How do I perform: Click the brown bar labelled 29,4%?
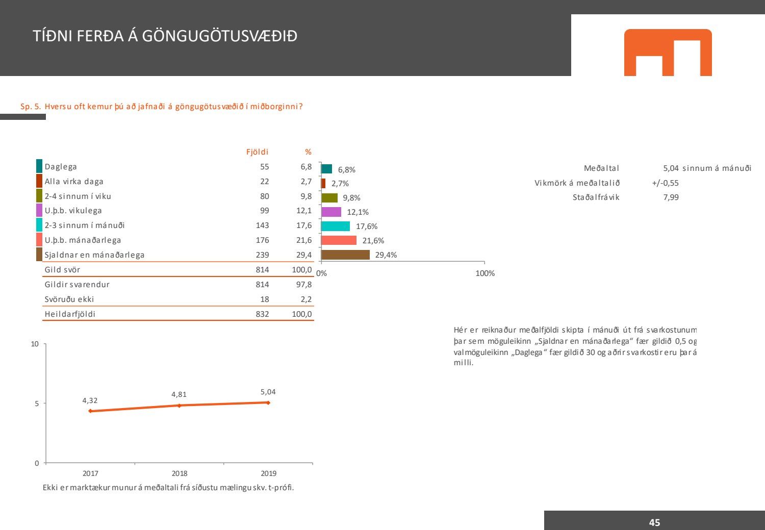[x=345, y=255]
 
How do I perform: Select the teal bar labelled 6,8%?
[x=326, y=169]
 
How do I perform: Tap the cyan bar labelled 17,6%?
[x=336, y=226]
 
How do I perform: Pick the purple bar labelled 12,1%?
[x=331, y=212]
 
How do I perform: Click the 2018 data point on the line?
[x=179, y=406]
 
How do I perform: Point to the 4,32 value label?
[x=90, y=401]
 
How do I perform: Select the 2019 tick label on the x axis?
[x=268, y=473]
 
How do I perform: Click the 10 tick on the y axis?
[x=35, y=344]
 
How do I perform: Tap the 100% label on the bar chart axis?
[x=484, y=273]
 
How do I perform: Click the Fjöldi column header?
[x=257, y=152]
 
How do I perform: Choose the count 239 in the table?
[x=262, y=255]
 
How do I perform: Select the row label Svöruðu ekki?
[x=69, y=299]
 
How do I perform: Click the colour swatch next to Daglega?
[x=39, y=166]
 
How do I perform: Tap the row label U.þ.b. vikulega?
[x=73, y=211]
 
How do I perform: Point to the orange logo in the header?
[x=668, y=53]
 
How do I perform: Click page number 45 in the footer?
[x=654, y=522]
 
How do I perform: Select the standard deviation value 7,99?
[x=671, y=197]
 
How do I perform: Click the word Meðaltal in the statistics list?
[x=601, y=168]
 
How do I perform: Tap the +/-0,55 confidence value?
[x=665, y=183]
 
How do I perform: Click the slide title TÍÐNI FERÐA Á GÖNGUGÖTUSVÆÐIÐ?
[x=165, y=36]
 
